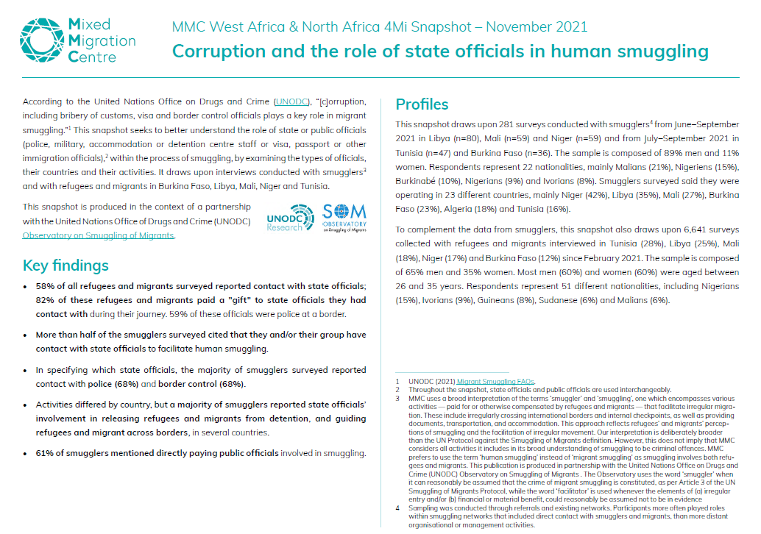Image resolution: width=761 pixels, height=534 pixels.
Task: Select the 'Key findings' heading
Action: click(66, 266)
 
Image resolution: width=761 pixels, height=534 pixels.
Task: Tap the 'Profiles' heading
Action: click(422, 104)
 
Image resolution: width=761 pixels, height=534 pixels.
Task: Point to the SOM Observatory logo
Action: click(344, 217)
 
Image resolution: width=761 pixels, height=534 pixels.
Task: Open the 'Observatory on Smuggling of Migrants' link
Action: click(99, 235)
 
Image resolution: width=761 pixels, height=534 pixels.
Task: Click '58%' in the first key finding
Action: click(47, 286)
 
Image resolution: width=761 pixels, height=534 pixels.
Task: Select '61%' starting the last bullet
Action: click(47, 452)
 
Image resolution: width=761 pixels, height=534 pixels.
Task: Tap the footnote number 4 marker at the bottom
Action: click(397, 508)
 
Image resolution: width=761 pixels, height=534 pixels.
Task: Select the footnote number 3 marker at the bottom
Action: click(397, 398)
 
